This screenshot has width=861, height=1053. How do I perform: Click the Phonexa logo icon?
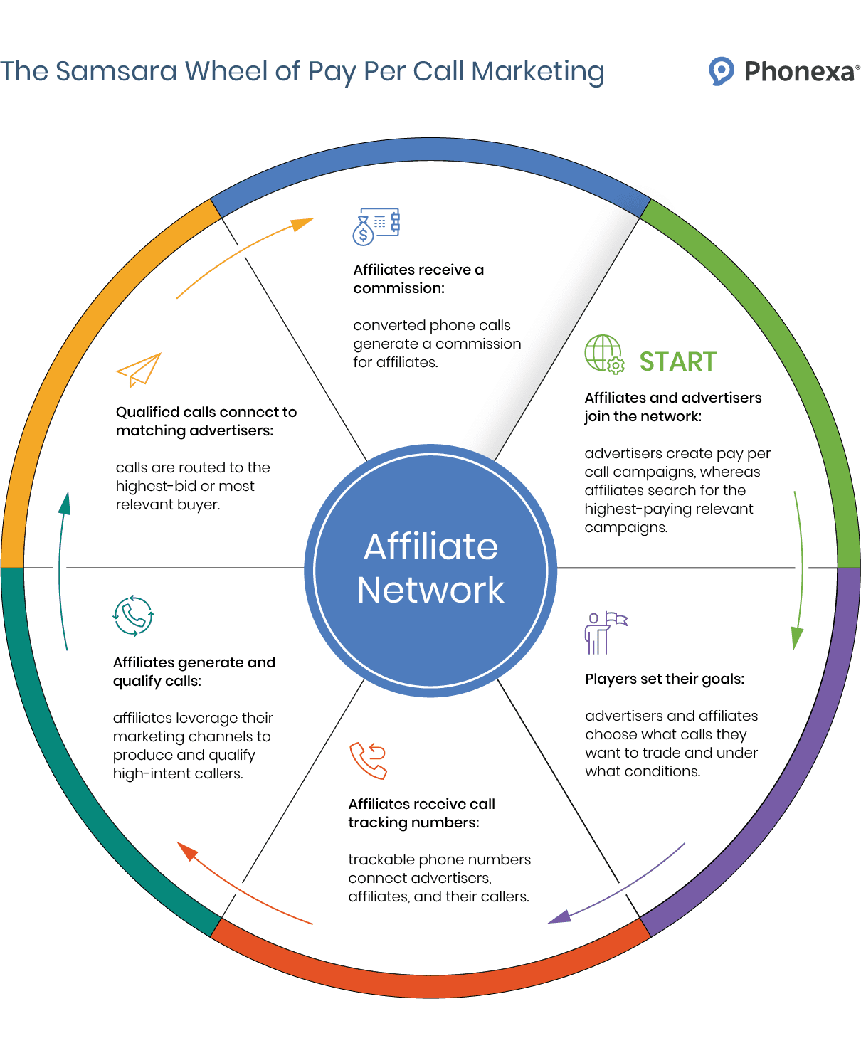(721, 71)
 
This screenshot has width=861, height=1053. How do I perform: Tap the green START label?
(677, 362)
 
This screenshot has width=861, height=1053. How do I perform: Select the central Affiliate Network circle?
(431, 569)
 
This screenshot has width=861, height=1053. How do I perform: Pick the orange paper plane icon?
(139, 369)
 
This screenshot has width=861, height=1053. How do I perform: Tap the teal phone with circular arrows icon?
(133, 615)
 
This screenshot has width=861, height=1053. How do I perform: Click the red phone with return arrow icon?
(368, 760)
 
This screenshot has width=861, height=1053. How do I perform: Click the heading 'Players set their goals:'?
(665, 679)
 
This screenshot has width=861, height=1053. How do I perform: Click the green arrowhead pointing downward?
(798, 638)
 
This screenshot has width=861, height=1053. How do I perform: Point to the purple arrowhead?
(560, 917)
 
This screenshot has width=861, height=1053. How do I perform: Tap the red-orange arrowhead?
(186, 851)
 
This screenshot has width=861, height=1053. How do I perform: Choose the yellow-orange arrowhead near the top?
(303, 224)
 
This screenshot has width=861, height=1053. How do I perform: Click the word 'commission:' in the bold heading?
(398, 288)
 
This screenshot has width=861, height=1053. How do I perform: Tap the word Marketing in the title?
(537, 71)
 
